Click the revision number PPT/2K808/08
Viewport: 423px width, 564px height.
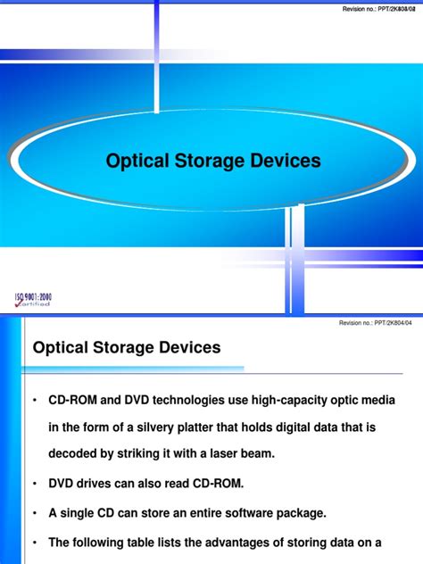click(378, 8)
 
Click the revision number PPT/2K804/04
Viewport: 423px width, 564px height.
click(378, 325)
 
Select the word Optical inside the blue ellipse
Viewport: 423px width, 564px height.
click(143, 162)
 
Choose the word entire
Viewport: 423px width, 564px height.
click(194, 513)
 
